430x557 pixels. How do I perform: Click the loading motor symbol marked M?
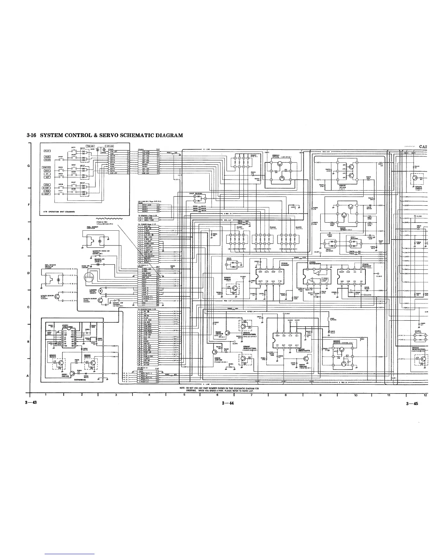100,291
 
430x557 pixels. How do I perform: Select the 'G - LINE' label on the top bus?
206,149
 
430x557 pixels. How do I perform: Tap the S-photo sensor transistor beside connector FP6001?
101,300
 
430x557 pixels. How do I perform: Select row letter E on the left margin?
27,239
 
